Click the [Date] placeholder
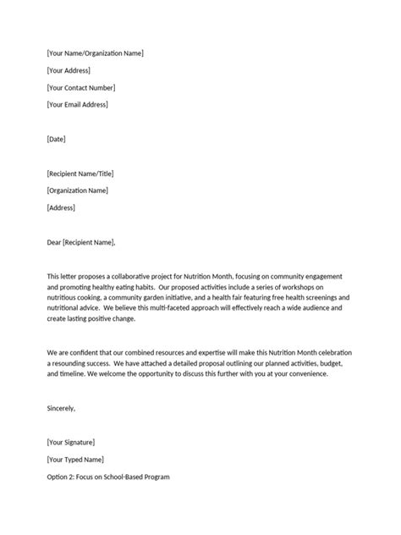click(57, 139)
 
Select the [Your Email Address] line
click(78, 105)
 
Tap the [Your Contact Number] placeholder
click(81, 88)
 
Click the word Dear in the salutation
click(54, 242)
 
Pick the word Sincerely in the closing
click(62, 408)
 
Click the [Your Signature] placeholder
click(71, 443)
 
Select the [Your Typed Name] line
click(76, 460)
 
